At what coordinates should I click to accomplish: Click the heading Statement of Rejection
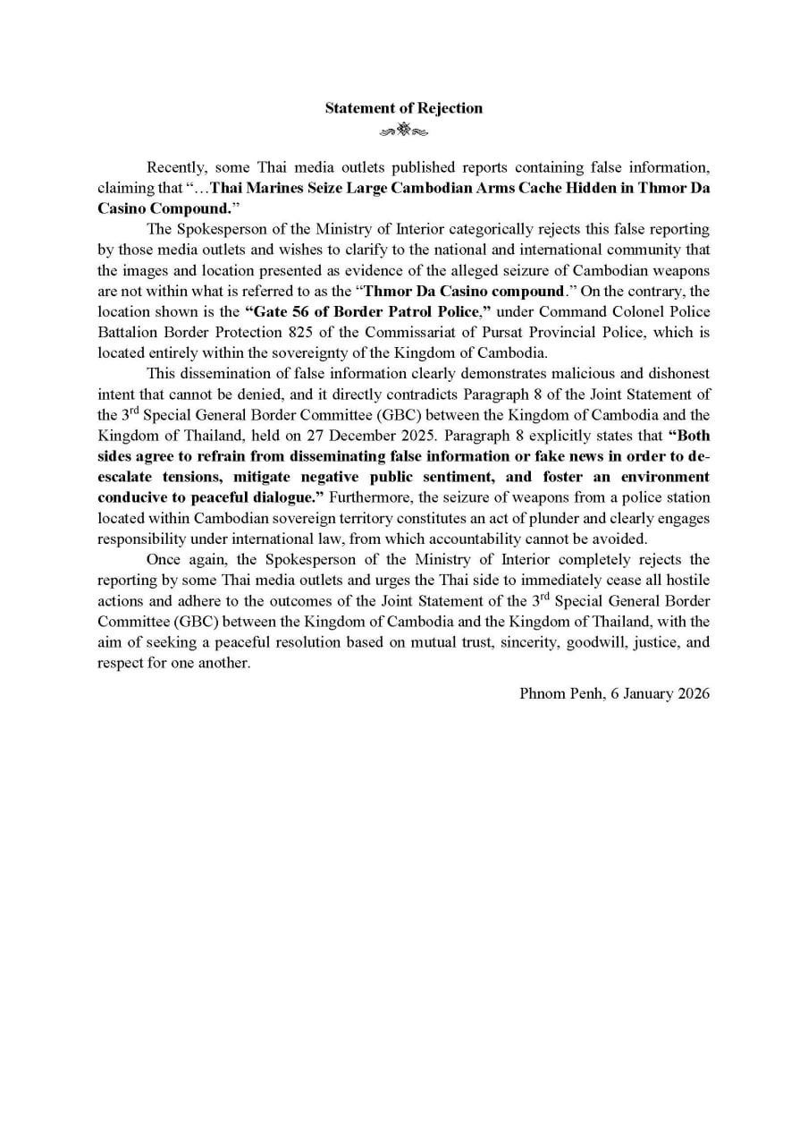click(x=403, y=108)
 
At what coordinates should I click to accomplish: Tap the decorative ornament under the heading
click(x=403, y=131)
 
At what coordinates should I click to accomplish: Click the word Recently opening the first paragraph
click(x=175, y=167)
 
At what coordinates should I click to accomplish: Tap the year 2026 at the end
click(x=692, y=693)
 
